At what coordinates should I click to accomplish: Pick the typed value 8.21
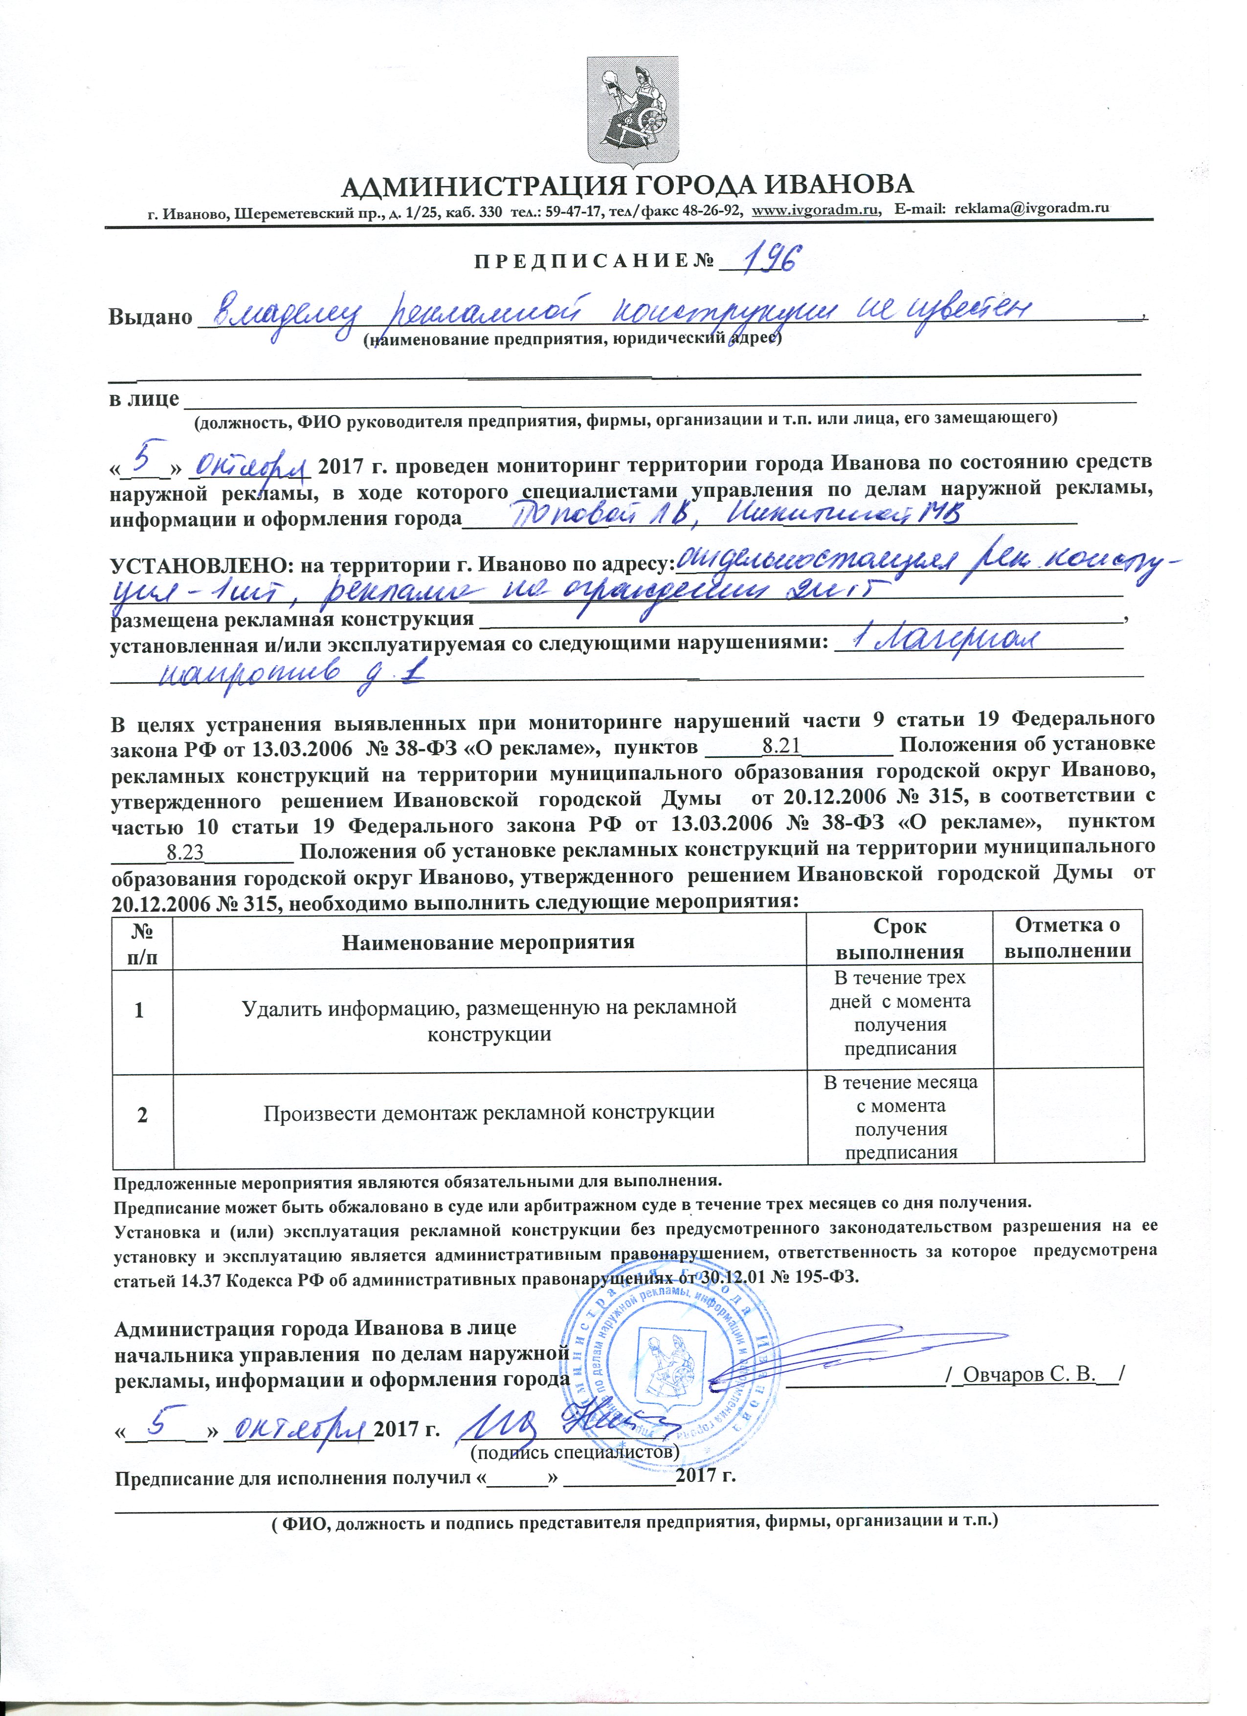(x=781, y=746)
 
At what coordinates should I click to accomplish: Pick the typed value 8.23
(x=185, y=853)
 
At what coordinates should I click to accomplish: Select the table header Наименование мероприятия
(x=488, y=942)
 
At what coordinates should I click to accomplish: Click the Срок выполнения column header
(x=900, y=939)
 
